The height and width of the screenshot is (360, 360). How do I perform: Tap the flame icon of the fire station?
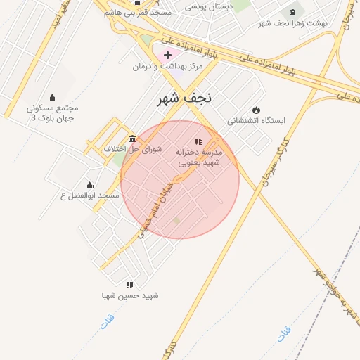256,110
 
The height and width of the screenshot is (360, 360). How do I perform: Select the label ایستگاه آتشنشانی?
257,121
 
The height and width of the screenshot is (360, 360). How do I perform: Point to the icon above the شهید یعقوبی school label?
198,141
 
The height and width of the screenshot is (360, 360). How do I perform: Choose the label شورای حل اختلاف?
133,149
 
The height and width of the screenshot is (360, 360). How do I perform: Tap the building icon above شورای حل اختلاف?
133,138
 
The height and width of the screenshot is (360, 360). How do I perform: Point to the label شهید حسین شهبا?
130,296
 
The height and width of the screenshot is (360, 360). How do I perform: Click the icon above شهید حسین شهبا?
129,285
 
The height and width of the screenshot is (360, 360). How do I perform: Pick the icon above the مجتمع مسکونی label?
52,98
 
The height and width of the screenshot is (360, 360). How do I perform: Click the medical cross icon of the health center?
167,55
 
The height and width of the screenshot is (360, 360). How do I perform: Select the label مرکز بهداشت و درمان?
167,66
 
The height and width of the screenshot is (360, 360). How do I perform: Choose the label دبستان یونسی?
210,6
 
